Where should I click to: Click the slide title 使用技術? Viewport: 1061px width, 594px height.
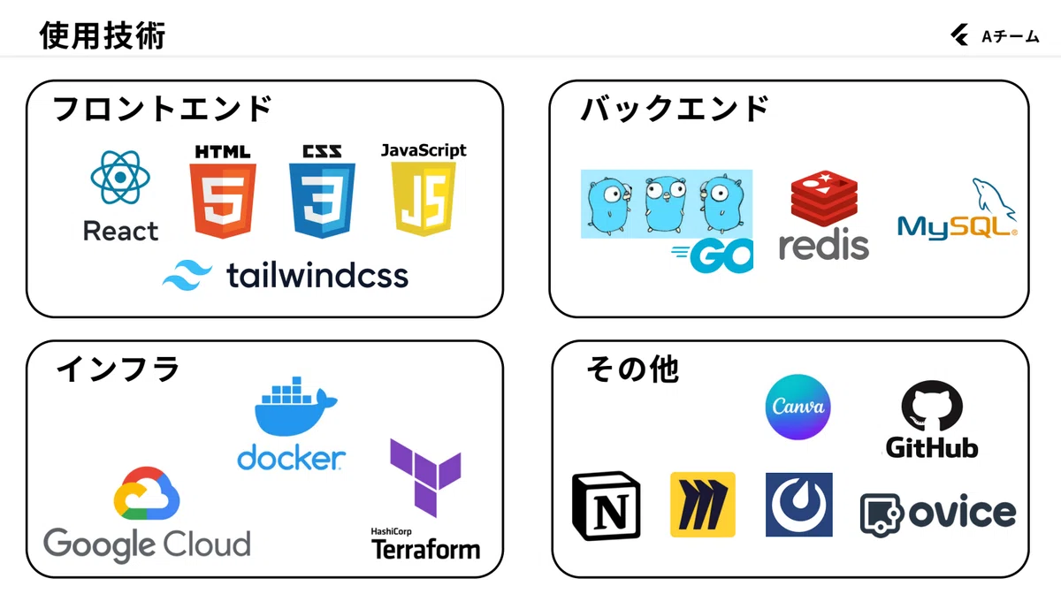pos(103,35)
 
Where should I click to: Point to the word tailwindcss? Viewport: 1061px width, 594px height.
pos(317,275)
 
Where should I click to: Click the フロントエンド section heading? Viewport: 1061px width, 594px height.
pos(163,109)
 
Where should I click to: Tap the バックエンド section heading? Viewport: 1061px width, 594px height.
pos(676,109)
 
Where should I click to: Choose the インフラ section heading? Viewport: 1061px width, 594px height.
pos(118,369)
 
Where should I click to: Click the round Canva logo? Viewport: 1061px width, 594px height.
pos(798,407)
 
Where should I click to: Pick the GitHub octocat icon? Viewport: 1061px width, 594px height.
pos(932,408)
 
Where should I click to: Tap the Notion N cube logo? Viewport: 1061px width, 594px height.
pos(607,505)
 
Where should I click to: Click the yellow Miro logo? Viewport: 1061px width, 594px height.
pos(702,505)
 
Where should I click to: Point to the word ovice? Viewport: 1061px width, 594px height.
pos(962,513)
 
